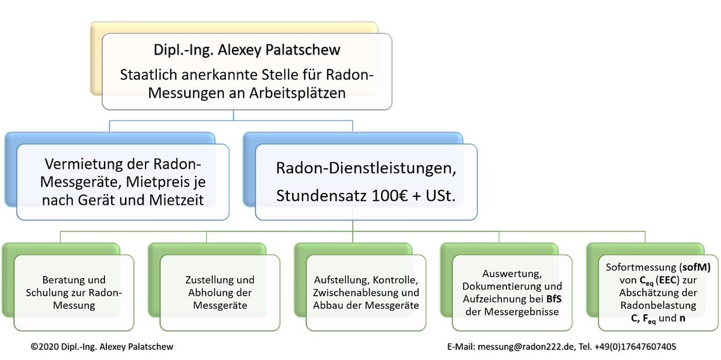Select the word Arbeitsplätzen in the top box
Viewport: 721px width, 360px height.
click(294, 94)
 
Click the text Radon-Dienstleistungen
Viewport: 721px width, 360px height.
click(365, 169)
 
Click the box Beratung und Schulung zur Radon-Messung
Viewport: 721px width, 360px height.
click(74, 292)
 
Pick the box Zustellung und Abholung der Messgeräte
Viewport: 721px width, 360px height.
click(220, 292)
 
